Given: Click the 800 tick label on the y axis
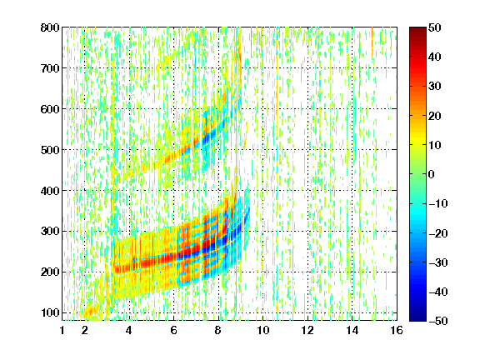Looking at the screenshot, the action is point(50,27).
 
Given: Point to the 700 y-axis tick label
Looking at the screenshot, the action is point(50,68).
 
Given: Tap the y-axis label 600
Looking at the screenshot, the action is point(50,109).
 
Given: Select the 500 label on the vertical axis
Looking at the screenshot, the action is point(50,150).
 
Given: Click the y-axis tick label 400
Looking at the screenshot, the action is point(50,191).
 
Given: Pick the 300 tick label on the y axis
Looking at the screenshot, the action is point(50,232).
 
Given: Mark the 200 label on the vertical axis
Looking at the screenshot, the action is point(50,272).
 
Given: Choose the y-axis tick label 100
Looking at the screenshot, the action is point(50,312).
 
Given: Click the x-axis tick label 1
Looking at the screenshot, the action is point(62,330).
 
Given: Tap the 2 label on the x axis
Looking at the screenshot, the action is point(84,330).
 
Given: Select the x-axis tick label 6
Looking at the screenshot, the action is point(173,330).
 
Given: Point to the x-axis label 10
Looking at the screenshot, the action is point(262,330).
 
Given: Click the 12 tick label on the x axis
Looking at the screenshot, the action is point(307,330).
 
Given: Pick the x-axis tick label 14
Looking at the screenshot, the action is point(352,330).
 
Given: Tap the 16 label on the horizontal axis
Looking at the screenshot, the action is point(397,330).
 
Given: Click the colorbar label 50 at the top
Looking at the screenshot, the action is point(434,27).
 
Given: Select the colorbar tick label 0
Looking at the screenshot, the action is point(432,174).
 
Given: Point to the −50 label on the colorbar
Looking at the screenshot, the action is point(438,321).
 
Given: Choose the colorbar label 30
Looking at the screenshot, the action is point(434,87).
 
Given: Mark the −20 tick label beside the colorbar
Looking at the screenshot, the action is point(438,233).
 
